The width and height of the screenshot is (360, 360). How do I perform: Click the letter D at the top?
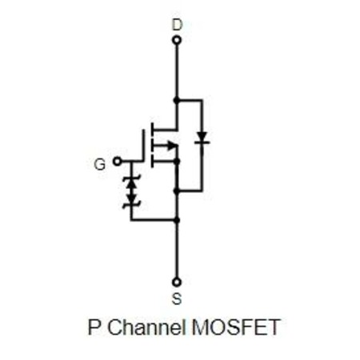click(x=177, y=25)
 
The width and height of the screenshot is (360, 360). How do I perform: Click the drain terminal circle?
click(x=177, y=40)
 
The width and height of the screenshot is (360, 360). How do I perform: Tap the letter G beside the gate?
click(x=100, y=164)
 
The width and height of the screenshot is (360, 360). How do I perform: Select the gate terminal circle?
click(x=117, y=162)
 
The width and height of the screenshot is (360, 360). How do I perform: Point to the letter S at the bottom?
click(x=177, y=298)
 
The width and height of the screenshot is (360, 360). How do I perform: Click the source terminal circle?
click(x=177, y=282)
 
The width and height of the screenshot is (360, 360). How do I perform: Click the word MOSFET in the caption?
click(x=236, y=327)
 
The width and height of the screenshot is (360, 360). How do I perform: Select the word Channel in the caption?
click(x=146, y=326)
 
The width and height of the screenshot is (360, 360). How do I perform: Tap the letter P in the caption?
click(x=94, y=327)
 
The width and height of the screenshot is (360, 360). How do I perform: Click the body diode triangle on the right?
click(x=202, y=138)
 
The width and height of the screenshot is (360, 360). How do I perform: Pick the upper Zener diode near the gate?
click(x=131, y=182)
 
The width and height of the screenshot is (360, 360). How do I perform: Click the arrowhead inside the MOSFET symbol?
click(x=172, y=146)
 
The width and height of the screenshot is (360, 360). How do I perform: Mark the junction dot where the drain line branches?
click(x=176, y=100)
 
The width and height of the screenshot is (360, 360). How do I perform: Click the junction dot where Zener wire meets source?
click(x=176, y=220)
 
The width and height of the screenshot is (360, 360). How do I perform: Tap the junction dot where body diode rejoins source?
click(x=176, y=191)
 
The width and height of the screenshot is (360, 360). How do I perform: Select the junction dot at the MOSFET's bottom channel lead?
click(x=176, y=161)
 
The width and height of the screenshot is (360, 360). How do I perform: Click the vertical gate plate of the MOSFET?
click(x=144, y=146)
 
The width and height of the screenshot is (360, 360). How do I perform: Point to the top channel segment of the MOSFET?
click(x=152, y=130)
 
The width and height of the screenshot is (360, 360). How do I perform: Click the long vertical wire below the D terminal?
click(x=176, y=70)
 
